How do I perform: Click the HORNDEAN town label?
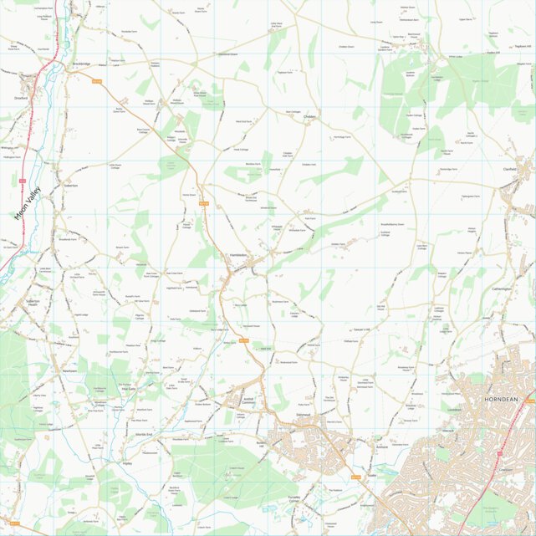tap(501, 401)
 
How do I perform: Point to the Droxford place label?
tap(21, 98)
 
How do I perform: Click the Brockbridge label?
tap(81, 64)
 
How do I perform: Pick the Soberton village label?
tap(70, 185)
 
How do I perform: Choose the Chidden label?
tap(309, 117)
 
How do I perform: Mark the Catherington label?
tap(502, 288)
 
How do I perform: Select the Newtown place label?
tap(69, 370)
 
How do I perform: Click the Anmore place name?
tap(359, 447)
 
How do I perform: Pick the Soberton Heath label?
tap(33, 303)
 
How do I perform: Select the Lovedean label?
tap(455, 410)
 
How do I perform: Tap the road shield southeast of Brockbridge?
tap(96, 81)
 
